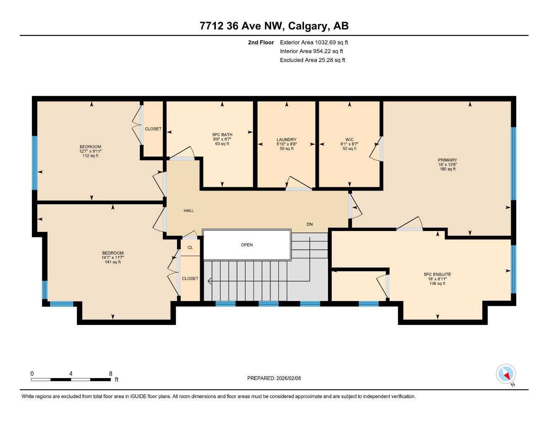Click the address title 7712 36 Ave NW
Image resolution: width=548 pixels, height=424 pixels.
pyautogui.click(x=274, y=26)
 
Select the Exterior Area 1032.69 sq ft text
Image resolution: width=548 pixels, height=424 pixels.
pyautogui.click(x=313, y=42)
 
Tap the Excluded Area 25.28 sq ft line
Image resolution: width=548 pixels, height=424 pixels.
pyautogui.click(x=312, y=60)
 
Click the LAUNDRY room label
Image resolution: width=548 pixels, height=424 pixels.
pyautogui.click(x=286, y=140)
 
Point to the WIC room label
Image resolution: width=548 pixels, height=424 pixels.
pyautogui.click(x=349, y=140)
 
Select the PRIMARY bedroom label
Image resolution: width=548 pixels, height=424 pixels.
pyautogui.click(x=447, y=160)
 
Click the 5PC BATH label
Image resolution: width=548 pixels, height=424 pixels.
pyautogui.click(x=222, y=135)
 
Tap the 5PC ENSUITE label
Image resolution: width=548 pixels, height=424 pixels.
pyautogui.click(x=437, y=274)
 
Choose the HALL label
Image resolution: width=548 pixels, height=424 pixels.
pyautogui.click(x=189, y=211)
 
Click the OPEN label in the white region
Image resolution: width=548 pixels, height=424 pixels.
pyautogui.click(x=247, y=245)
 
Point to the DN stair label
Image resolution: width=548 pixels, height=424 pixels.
pyautogui.click(x=309, y=224)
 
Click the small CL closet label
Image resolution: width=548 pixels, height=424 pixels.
pyautogui.click(x=190, y=248)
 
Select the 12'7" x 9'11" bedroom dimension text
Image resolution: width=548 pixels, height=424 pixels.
pyautogui.click(x=90, y=152)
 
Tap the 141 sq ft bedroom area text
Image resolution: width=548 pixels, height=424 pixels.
pyautogui.click(x=113, y=262)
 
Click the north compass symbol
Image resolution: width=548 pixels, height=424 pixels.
pyautogui.click(x=506, y=374)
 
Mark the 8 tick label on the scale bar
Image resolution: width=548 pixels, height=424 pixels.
pyautogui.click(x=110, y=373)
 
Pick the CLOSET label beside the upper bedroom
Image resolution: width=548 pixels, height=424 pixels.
pyautogui.click(x=153, y=129)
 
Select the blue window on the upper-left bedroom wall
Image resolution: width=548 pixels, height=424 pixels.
pyautogui.click(x=35, y=163)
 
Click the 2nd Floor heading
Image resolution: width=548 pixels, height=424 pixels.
pyautogui.click(x=261, y=42)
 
